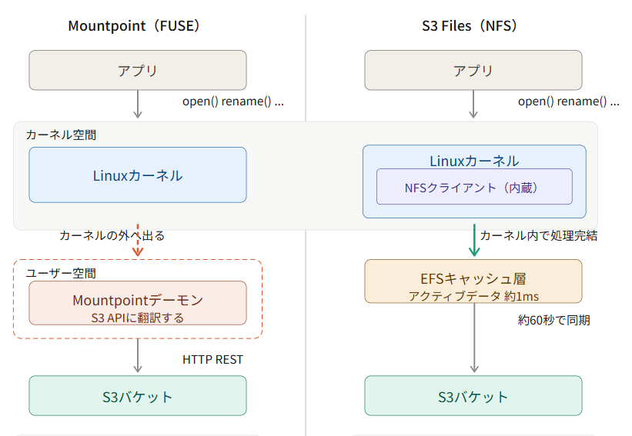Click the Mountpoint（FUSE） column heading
(134, 26)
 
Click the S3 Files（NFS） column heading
(470, 26)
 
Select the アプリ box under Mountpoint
(138, 70)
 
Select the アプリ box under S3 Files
(473, 70)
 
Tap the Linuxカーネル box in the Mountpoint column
(138, 175)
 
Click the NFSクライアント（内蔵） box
(474, 187)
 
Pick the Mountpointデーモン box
(138, 303)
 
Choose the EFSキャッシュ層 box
(473, 281)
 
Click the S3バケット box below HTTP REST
(138, 396)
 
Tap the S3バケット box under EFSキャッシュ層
(473, 396)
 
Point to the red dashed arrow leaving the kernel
(138, 241)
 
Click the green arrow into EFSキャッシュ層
(474, 241)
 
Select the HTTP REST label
(212, 360)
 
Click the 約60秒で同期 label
(554, 321)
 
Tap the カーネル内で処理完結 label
(539, 235)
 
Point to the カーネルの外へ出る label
(112, 235)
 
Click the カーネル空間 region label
(61, 135)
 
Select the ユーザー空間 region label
(61, 273)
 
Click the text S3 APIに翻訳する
(138, 318)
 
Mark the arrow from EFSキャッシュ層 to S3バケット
(474, 338)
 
